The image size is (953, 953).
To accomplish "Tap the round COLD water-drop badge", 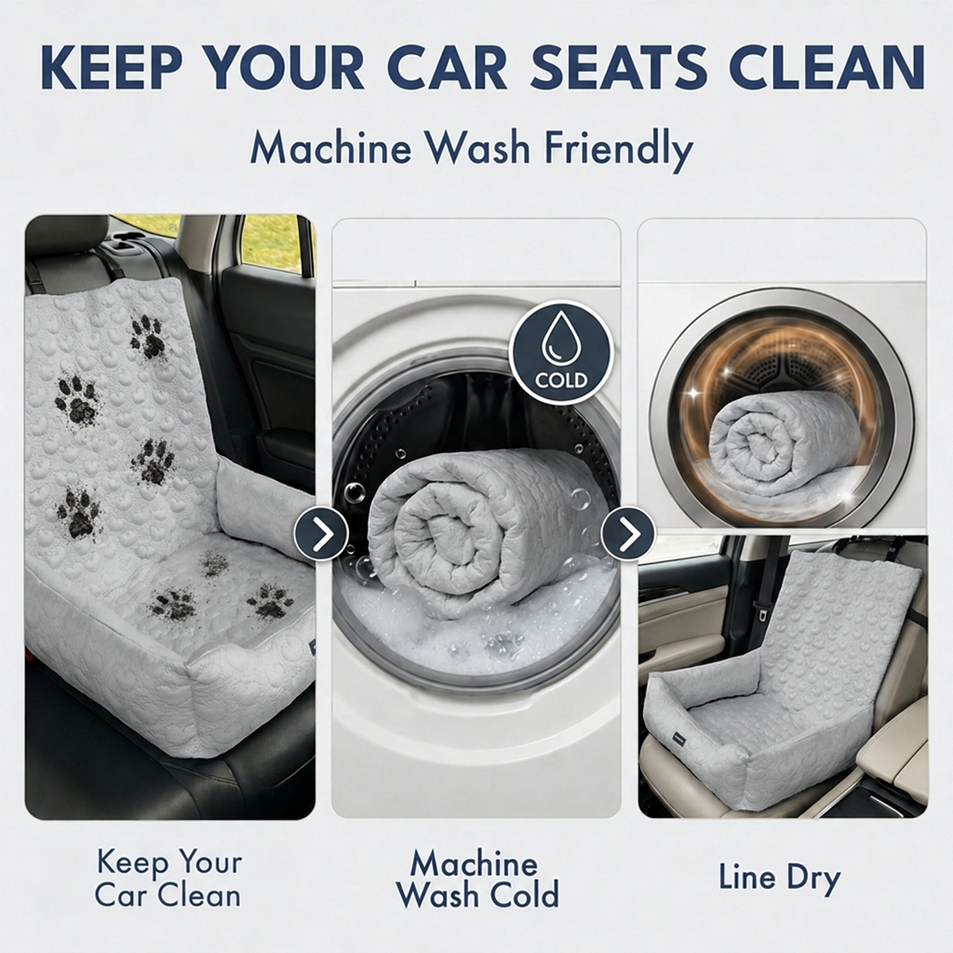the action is [561, 353].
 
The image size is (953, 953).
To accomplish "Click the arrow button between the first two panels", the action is [321, 533].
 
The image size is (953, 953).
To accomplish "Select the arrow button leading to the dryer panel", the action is [628, 533].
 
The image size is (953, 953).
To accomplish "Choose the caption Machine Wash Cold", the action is [477, 879].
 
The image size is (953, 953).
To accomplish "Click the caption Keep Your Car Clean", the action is [168, 879].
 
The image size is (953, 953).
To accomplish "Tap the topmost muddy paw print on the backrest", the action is [148, 337].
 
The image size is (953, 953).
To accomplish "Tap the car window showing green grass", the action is [272, 242].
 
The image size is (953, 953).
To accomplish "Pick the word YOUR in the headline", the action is [285, 66].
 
